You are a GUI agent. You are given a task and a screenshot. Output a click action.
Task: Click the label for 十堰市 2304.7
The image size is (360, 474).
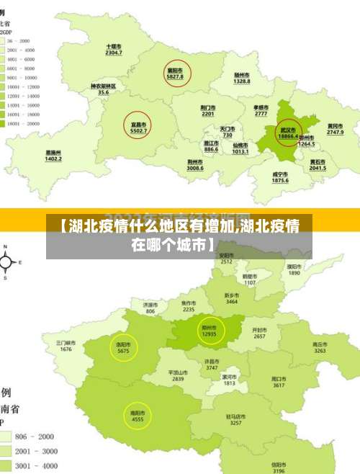[x=113, y=49]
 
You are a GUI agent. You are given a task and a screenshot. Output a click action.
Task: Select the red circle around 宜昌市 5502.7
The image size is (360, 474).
[x=138, y=127]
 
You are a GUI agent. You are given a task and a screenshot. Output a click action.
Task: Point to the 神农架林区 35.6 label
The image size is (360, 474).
[x=104, y=89]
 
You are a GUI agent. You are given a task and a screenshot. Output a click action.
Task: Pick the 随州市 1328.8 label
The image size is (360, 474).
[x=242, y=78]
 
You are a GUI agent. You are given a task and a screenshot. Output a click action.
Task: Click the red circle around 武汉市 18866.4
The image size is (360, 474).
[x=288, y=132]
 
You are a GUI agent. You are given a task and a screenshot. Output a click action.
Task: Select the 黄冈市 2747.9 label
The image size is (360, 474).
[x=336, y=129]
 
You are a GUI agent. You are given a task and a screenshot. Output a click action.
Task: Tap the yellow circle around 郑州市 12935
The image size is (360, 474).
[x=209, y=331]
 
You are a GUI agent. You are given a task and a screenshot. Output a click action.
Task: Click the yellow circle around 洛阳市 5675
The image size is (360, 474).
[x=123, y=348]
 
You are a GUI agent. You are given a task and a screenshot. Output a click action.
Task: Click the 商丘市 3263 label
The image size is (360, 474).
[x=320, y=347]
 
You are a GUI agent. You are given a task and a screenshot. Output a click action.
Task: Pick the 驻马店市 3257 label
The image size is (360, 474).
[x=235, y=419]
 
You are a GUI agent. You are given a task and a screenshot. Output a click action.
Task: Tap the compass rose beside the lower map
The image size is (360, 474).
[x=6, y=264]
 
